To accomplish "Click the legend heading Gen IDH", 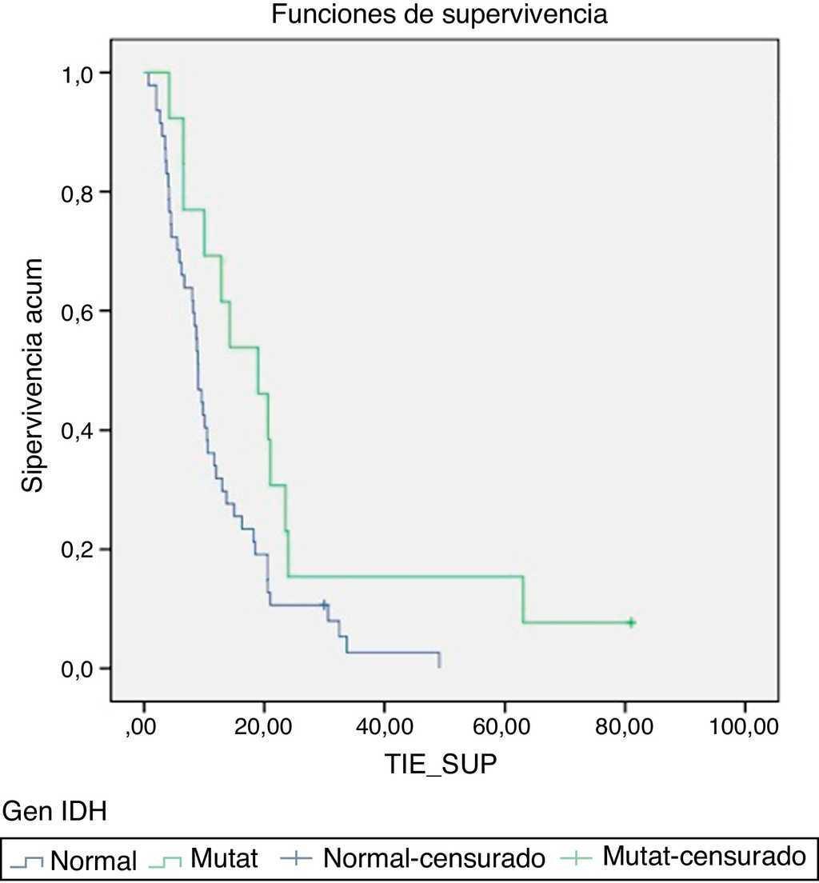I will coord(55,813).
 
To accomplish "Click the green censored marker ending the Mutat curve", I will coord(631,622).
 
